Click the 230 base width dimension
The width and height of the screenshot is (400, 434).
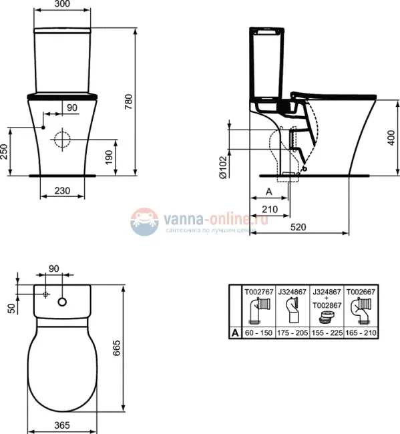tap(62, 190)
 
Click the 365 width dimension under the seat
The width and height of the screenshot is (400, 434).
tap(63, 425)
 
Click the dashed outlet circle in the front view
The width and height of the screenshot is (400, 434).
tap(61, 140)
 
